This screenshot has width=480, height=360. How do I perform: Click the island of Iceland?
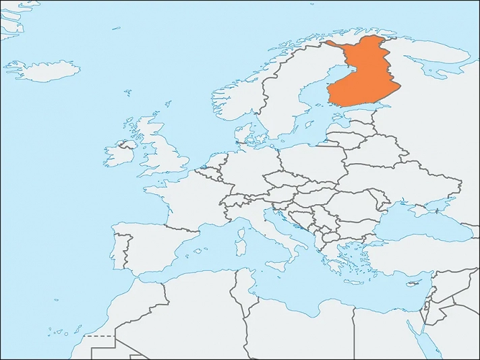[44, 70]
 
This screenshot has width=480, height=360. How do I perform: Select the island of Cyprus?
[411, 272]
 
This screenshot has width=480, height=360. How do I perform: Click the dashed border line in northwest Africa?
[101, 335]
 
